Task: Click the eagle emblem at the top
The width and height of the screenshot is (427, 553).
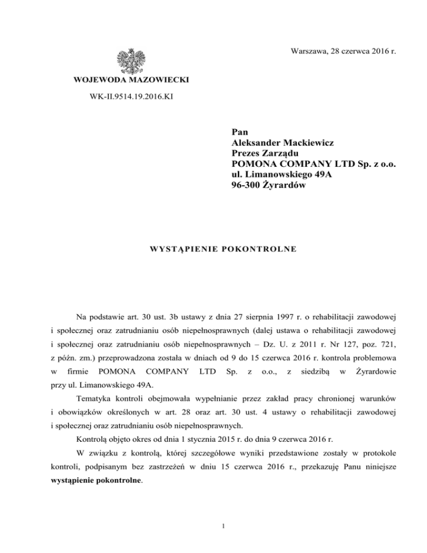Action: [x=132, y=60]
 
